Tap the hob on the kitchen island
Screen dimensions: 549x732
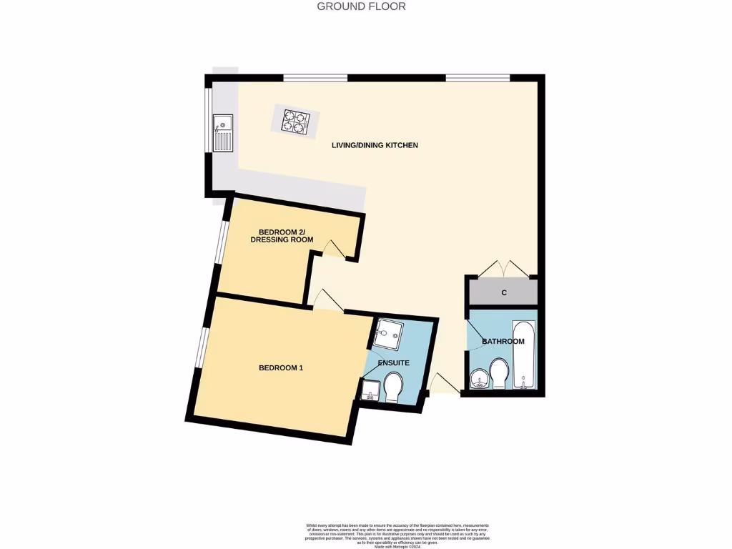296,120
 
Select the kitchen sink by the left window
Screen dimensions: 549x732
222,133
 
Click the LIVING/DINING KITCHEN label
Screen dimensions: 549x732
375,145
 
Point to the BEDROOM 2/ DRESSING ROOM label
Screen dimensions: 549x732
282,236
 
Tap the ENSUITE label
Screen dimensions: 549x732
393,363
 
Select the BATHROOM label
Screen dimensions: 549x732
503,342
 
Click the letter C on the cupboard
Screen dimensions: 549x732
504,293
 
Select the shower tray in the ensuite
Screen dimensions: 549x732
390,332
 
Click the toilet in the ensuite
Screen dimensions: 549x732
393,389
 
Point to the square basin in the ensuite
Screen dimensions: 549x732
371,391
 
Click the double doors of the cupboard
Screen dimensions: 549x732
503,269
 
